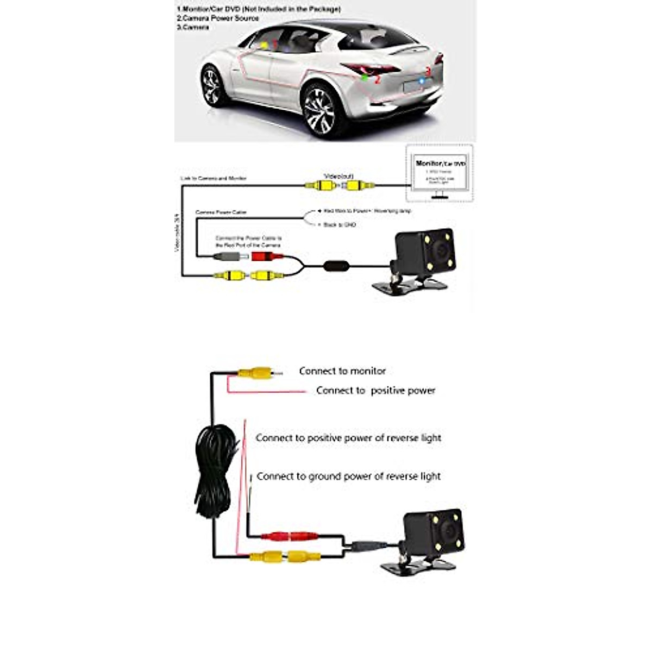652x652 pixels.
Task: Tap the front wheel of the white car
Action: coord(212,85)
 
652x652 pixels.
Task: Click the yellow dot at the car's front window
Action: coord(264,46)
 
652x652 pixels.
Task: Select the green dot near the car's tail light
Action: coord(365,77)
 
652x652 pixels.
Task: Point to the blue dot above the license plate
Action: coord(421,81)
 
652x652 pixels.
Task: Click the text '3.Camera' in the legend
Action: coord(193,27)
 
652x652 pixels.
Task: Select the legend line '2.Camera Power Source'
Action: coord(217,18)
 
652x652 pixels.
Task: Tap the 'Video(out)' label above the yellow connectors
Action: coord(338,176)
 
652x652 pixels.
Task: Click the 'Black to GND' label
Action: coord(340,224)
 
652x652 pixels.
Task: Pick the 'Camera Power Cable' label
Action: coord(221,212)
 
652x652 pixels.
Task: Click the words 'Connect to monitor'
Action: coord(342,371)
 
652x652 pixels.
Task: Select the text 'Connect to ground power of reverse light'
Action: coord(348,477)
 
